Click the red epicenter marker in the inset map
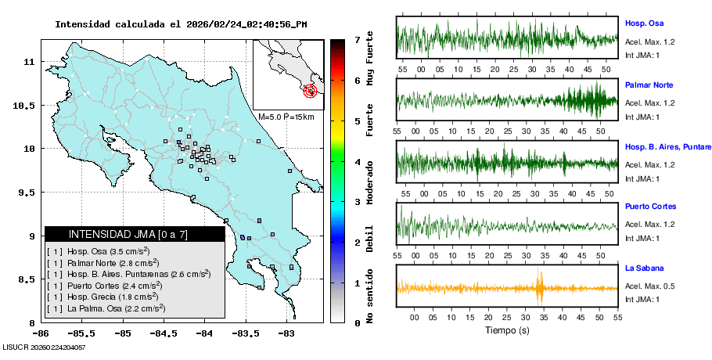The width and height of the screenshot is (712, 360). point(311,91)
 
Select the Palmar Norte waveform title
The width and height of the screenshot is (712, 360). point(649,85)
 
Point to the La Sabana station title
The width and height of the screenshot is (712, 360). point(642,268)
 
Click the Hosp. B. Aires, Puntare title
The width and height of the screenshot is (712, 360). point(667,146)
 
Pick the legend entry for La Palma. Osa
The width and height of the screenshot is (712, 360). point(106,308)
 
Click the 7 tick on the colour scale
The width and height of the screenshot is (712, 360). point(357,39)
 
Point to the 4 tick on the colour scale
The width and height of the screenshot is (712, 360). point(357,162)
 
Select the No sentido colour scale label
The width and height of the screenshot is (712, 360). point(370,298)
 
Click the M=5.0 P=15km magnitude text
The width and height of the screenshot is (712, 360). point(286,117)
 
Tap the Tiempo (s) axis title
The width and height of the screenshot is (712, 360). point(507,330)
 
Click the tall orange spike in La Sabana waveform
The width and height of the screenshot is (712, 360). point(539,287)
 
